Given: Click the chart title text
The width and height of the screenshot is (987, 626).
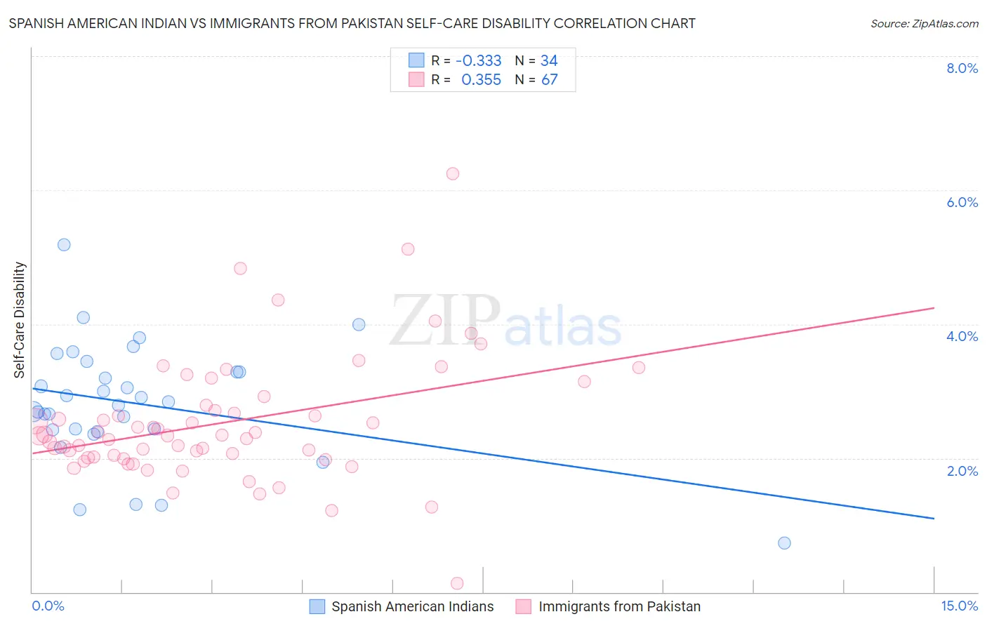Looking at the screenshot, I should [352, 23].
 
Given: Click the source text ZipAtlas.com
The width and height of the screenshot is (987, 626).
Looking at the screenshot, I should [924, 24].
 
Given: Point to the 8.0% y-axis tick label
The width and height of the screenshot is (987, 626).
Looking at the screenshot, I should [962, 68].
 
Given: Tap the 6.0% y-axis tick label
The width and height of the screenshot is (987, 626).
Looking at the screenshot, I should [962, 202].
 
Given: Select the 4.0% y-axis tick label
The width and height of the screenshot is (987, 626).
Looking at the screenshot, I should [962, 336].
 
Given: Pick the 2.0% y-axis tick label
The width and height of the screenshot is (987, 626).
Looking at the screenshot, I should [962, 471].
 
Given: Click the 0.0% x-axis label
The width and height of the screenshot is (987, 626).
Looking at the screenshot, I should [48, 606].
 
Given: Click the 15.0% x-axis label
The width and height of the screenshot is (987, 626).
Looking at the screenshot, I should [959, 606].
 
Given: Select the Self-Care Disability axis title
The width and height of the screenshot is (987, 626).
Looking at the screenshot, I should [20, 320].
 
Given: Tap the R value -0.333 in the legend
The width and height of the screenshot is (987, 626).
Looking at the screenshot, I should [478, 61].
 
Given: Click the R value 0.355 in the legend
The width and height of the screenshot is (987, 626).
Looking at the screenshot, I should [481, 80].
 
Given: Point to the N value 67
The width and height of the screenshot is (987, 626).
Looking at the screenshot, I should [550, 80].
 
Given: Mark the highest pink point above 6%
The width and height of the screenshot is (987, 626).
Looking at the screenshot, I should [453, 173].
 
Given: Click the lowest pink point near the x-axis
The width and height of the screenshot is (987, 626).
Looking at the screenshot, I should [457, 583].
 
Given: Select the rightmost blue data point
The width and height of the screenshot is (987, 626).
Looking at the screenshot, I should [784, 543].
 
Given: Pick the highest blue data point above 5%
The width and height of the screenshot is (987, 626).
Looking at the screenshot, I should [64, 245].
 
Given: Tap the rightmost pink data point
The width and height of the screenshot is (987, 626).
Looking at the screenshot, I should [638, 367].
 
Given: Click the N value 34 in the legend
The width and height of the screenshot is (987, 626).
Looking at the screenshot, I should [549, 61].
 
